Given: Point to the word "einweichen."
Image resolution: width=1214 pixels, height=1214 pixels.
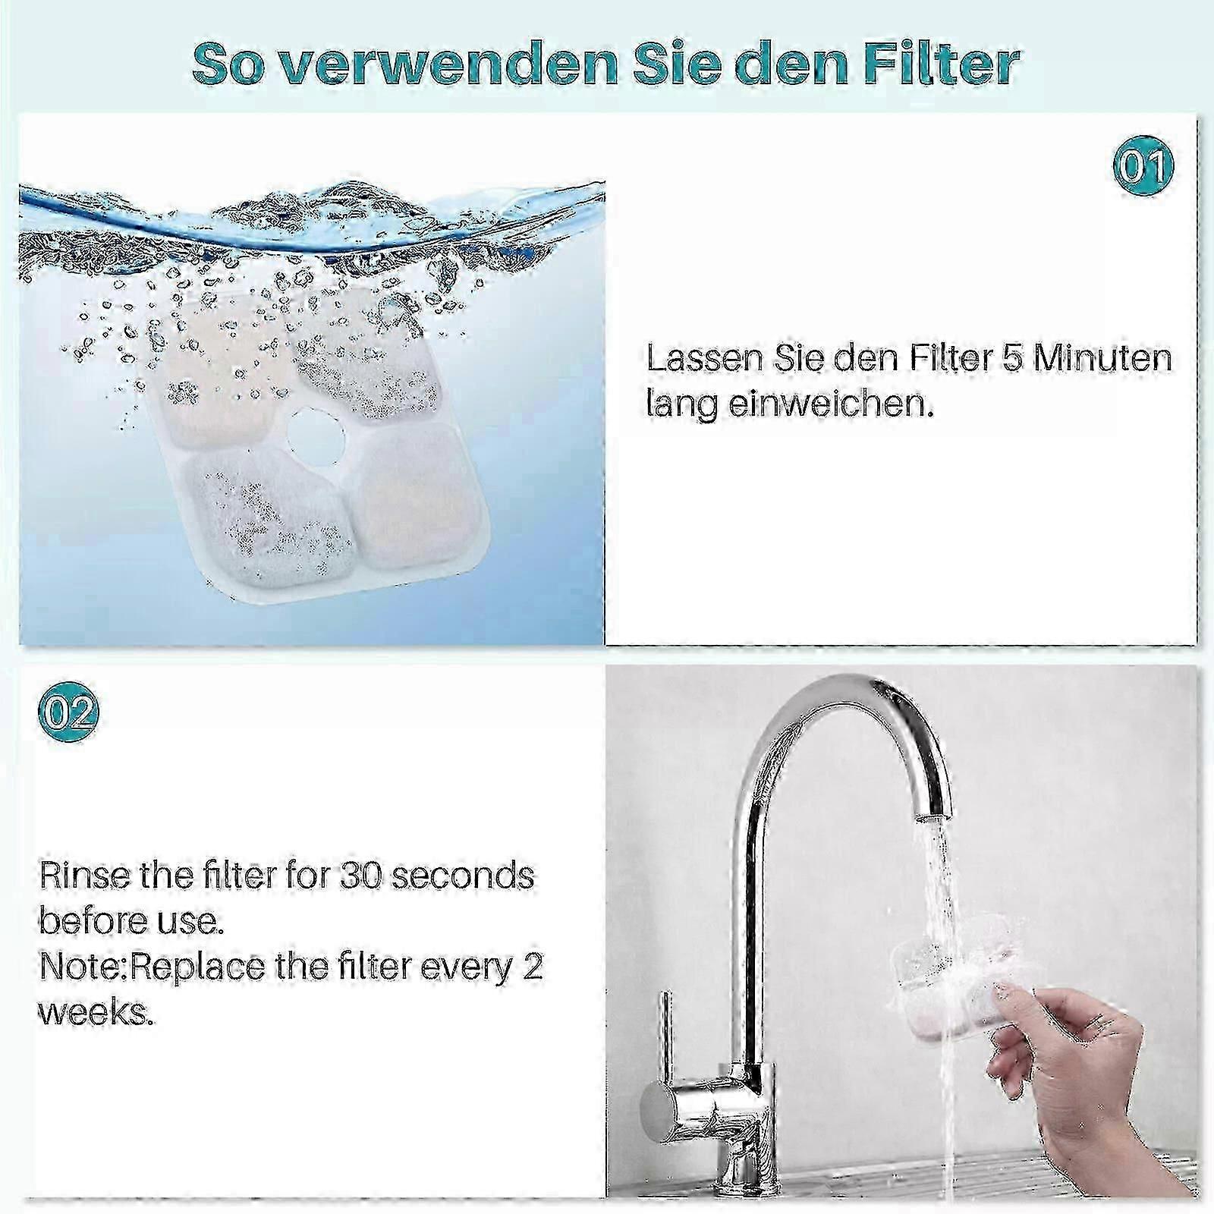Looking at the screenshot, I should click(829, 404).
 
